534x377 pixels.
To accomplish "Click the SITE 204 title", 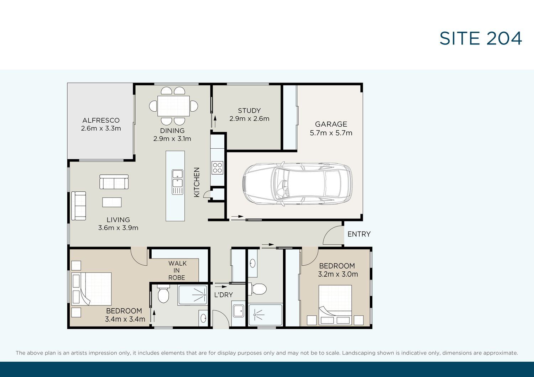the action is [481, 38].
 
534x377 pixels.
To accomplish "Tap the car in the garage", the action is [298, 184].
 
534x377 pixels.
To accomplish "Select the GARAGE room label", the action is [331, 124].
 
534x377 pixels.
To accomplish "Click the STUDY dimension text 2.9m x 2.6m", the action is [249, 118].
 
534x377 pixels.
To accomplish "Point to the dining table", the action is [174, 106].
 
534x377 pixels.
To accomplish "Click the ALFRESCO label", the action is [101, 120].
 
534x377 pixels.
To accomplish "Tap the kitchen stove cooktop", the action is [218, 168].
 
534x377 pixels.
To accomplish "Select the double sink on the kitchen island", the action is [178, 182].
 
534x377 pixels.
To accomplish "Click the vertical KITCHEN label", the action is [197, 182].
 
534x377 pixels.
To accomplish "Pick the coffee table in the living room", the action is [112, 202].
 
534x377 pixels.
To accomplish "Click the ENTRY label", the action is [359, 234].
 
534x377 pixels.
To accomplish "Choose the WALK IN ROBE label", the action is [177, 271].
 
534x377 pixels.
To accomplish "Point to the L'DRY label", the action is [223, 295].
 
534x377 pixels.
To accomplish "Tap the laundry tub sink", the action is [239, 311].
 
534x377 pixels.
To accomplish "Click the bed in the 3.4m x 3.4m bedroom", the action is [91, 289].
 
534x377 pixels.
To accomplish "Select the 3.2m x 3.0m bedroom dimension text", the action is [338, 274].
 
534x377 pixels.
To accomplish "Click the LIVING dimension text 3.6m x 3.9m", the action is [118, 228].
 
